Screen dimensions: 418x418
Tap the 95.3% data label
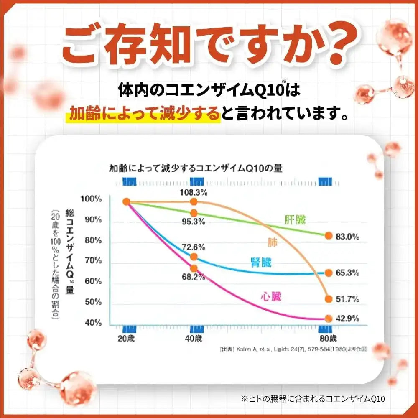pyautogui.click(x=194, y=222)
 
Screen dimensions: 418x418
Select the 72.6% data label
pyautogui.click(x=193, y=247)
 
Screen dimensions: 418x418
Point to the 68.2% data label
pyautogui.click(x=193, y=277)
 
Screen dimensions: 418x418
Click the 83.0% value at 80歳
pyautogui.click(x=347, y=237)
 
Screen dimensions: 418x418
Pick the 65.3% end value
pyautogui.click(x=347, y=273)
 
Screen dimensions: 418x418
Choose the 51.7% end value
pyautogui.click(x=347, y=299)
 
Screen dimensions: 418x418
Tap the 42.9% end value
pyautogui.click(x=347, y=319)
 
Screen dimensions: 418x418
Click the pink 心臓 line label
pyautogui.click(x=270, y=297)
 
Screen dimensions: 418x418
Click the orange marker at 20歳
pyautogui.click(x=127, y=202)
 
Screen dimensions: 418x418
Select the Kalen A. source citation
pyautogui.click(x=292, y=348)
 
